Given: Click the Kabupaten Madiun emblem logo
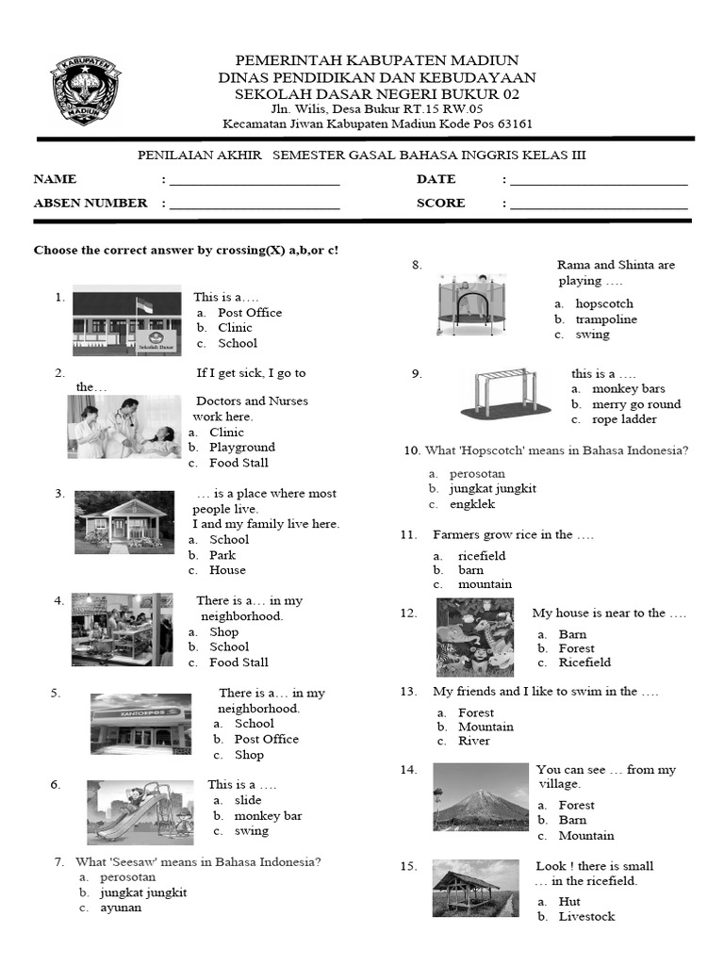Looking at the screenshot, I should [x=85, y=91].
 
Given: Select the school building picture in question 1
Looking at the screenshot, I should [x=127, y=320].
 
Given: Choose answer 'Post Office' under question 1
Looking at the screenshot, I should [x=249, y=313].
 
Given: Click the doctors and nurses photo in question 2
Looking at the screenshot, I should [x=123, y=427].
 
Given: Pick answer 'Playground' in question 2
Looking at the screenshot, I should [x=241, y=448].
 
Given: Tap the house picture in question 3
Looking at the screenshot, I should [x=123, y=521].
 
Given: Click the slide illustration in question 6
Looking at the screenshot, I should [x=140, y=812].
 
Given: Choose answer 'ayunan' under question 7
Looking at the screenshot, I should [x=121, y=908].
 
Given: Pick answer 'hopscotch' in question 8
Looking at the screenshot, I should [x=604, y=304].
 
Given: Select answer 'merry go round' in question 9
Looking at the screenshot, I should [x=636, y=404].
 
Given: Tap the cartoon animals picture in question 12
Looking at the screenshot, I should [x=475, y=637].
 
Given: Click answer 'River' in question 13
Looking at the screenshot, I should [x=474, y=741].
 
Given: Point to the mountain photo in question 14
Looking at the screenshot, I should [x=481, y=796].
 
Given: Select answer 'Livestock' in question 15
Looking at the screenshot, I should [x=586, y=917].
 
